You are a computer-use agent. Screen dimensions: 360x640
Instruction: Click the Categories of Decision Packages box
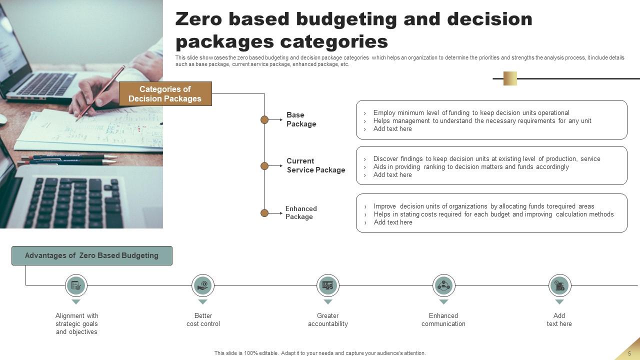pos(165,94)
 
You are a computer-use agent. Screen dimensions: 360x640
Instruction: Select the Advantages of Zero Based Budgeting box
pos(92,255)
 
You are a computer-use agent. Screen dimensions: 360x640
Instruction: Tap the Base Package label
pos(301,119)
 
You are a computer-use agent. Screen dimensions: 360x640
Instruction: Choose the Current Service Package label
pos(315,165)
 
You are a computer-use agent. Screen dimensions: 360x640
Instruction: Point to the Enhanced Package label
pos(301,212)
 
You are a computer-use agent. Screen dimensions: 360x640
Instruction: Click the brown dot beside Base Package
pos(264,120)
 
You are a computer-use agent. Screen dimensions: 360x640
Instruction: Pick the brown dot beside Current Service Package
pos(264,166)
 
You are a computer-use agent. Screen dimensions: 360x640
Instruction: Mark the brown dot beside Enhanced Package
pos(264,213)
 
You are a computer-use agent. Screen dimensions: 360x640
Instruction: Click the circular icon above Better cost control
pos(203,285)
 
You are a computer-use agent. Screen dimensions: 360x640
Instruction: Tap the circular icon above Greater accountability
pos(328,285)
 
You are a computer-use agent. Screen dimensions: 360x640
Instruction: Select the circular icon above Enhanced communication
pos(443,285)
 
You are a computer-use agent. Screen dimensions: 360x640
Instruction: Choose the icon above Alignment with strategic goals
pos(76,285)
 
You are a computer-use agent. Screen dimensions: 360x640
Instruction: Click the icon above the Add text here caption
pos(559,285)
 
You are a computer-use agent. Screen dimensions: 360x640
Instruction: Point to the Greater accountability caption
pos(328,320)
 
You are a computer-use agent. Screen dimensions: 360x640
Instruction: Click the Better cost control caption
pos(203,320)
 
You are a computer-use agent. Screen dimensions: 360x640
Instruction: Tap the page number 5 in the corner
pos(629,353)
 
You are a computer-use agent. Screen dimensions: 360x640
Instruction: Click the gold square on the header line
pos(510,78)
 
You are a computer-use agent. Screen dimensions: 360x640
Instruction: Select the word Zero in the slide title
pos(203,19)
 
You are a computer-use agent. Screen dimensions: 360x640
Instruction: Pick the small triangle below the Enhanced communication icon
pos(443,302)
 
